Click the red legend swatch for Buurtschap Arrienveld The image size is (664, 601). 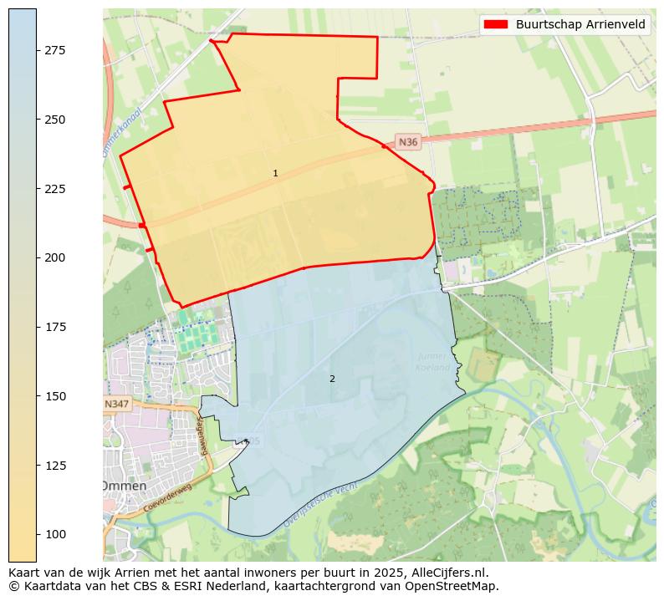[x=495, y=24]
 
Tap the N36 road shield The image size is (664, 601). [x=407, y=142]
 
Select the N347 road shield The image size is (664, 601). [x=117, y=404]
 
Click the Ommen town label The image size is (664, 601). [x=124, y=486]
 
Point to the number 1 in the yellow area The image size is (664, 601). [x=275, y=173]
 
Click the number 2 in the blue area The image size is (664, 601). [x=332, y=379]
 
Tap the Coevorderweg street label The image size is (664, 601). [x=167, y=497]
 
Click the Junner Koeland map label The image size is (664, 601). [x=433, y=362]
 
